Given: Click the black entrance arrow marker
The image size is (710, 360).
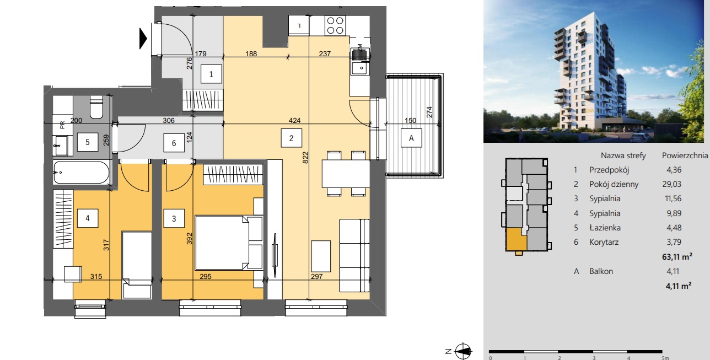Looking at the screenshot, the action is pyautogui.click(x=143, y=39).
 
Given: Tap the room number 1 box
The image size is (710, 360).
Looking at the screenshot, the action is pyautogui.click(x=212, y=74).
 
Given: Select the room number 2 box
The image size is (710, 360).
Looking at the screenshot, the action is pyautogui.click(x=291, y=138).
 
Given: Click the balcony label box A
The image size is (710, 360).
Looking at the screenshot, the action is pyautogui.click(x=411, y=138).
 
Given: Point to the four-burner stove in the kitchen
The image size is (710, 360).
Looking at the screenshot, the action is pyautogui.click(x=335, y=25).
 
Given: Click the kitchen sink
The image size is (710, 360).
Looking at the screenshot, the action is pyautogui.click(x=360, y=68).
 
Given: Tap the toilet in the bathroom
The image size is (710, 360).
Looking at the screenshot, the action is pyautogui.click(x=96, y=106).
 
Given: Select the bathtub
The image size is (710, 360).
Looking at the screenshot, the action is pyautogui.click(x=82, y=173).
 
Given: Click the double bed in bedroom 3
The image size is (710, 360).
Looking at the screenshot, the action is pyautogui.click(x=229, y=243).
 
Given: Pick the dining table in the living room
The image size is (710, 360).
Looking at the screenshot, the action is pyautogui.click(x=346, y=174).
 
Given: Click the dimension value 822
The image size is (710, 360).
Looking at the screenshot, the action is pyautogui.click(x=305, y=158).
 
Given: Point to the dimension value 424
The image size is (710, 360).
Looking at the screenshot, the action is pyautogui.click(x=294, y=120).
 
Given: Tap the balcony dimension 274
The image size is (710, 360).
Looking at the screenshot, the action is pyautogui.click(x=429, y=112).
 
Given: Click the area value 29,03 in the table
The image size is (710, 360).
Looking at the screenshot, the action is pyautogui.click(x=671, y=184).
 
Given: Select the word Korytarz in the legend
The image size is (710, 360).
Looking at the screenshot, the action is pyautogui.click(x=604, y=242).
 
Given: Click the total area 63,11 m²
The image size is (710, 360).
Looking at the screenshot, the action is pyautogui.click(x=677, y=256).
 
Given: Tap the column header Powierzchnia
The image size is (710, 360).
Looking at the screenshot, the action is pyautogui.click(x=685, y=155).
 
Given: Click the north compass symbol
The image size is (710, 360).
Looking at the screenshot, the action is pyautogui.click(x=463, y=351).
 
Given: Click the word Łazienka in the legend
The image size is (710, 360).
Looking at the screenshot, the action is pyautogui.click(x=605, y=227).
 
